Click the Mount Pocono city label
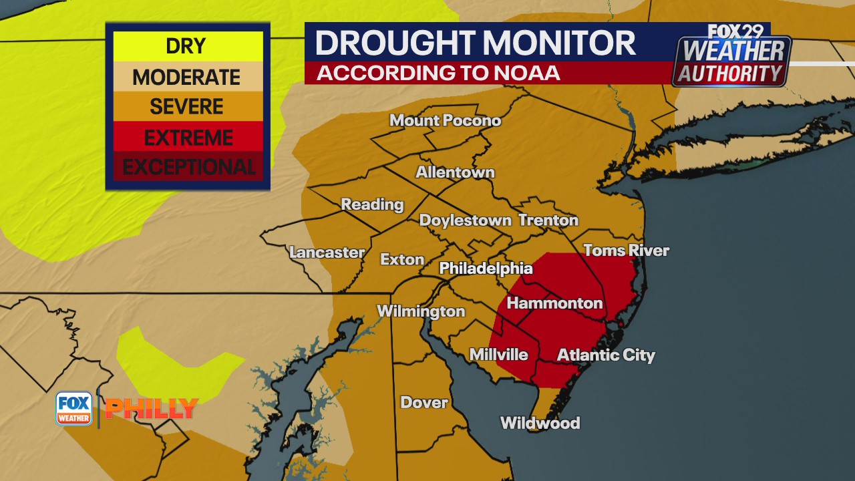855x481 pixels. click(x=445, y=121)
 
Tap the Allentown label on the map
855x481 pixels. click(x=456, y=172)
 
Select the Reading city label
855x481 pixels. click(x=373, y=204)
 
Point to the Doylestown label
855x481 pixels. click(x=465, y=220)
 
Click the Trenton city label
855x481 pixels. click(x=548, y=220)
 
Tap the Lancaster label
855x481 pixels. click(x=327, y=253)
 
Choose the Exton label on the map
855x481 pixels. click(x=402, y=259)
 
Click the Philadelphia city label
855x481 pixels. click(x=486, y=269)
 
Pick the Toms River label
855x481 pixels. click(x=626, y=251)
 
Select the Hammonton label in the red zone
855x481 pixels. click(x=554, y=303)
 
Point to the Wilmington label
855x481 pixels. click(x=421, y=311)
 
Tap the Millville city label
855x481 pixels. click(x=498, y=355)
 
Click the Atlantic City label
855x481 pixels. click(x=606, y=355)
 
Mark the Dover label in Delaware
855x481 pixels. click(x=424, y=403)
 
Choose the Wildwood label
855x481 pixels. click(x=540, y=423)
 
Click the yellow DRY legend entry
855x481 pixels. click(x=186, y=46)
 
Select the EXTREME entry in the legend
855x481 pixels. click(x=188, y=138)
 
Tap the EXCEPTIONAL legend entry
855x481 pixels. click(x=188, y=167)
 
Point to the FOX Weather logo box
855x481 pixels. click(x=73, y=408)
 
